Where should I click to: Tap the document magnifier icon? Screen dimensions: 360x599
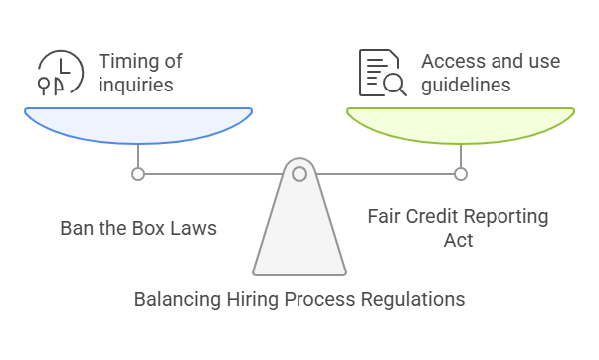click(x=382, y=73)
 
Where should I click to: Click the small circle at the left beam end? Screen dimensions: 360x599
click(x=138, y=174)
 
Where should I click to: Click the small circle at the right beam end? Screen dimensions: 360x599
click(x=460, y=174)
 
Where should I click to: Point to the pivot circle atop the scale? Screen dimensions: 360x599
click(x=299, y=174)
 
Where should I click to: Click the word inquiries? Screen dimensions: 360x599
click(x=136, y=86)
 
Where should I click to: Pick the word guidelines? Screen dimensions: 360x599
click(x=468, y=86)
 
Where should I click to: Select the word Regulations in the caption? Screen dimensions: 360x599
click(x=412, y=299)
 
